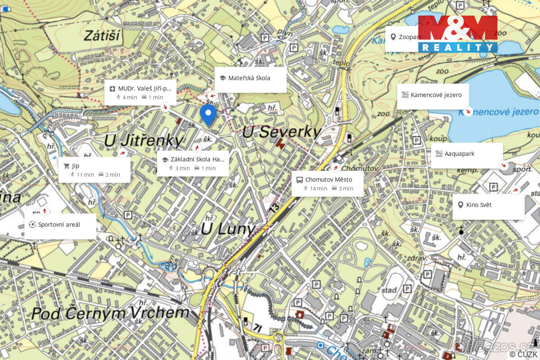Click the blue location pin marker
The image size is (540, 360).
pyautogui.click(x=208, y=114)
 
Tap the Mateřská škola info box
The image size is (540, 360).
pyautogui.click(x=250, y=80)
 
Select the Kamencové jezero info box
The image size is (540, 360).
pyautogui.click(x=432, y=96)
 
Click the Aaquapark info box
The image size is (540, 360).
pyautogui.click(x=467, y=155)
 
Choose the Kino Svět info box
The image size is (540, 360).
pyautogui.click(x=488, y=207)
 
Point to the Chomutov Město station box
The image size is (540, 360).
pyautogui.click(x=327, y=183)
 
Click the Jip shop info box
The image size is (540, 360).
pyautogui.click(x=94, y=170)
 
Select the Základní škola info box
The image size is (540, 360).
pyautogui.click(x=193, y=163)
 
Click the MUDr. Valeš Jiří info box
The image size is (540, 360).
pyautogui.click(x=140, y=92)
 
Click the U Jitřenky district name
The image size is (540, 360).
pyautogui.click(x=144, y=140)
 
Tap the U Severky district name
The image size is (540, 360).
pyautogui.click(x=282, y=132)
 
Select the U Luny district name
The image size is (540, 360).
pyautogui.click(x=228, y=229)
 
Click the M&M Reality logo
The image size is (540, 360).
pyautogui.click(x=458, y=33)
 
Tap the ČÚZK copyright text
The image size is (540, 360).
pyautogui.click(x=523, y=355)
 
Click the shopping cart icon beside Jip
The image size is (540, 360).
pyautogui.click(x=67, y=166)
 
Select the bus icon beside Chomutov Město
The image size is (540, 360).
pyautogui.click(x=299, y=180)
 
